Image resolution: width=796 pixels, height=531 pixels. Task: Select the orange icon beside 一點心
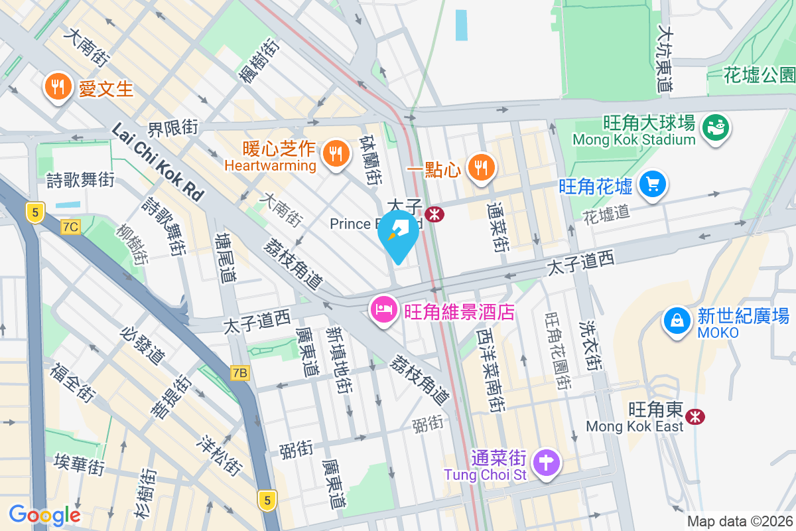(x=481, y=167)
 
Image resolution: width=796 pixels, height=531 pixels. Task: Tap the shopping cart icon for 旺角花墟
(x=652, y=185)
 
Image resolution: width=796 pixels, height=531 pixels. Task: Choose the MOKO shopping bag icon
(x=677, y=321)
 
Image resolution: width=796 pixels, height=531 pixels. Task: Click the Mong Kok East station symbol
(x=696, y=416)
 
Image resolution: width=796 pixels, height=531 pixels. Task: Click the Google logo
(x=44, y=514)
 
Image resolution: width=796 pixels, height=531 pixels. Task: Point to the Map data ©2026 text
(x=740, y=521)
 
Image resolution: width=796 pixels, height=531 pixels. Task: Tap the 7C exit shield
(x=70, y=227)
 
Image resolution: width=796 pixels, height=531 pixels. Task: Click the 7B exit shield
(x=239, y=374)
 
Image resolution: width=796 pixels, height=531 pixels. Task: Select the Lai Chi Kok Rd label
(x=158, y=161)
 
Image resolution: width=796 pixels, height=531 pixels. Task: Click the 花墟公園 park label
(x=759, y=74)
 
